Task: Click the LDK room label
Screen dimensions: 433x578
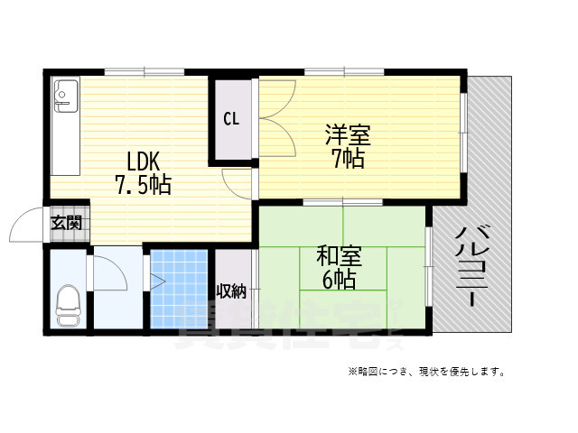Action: [143, 162]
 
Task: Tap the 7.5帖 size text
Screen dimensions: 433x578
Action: [143, 186]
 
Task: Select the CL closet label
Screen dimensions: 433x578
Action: [231, 118]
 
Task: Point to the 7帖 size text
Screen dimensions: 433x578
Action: [348, 160]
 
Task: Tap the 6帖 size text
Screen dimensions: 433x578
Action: [338, 279]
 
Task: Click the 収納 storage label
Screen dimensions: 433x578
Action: [231, 290]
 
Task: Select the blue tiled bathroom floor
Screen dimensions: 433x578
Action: [179, 289]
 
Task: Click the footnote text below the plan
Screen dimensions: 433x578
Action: [424, 372]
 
